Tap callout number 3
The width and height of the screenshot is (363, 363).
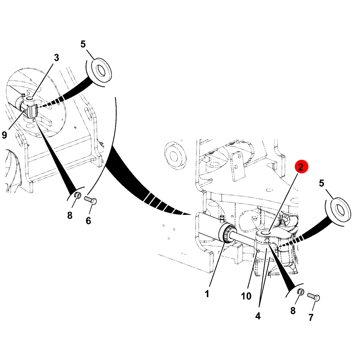tap(56, 58)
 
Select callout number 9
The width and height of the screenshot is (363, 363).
tap(5, 135)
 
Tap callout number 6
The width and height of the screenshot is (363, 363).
tap(88, 221)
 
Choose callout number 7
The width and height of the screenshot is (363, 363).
tap(311, 317)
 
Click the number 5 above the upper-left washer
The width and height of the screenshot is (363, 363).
tap(83, 44)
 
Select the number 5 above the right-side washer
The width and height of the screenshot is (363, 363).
tap(322, 183)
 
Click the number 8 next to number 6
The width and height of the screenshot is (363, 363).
tap(70, 215)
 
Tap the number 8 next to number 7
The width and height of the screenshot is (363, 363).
tap(293, 311)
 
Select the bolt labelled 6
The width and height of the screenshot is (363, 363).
tap(90, 200)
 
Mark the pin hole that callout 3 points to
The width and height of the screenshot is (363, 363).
tap(30, 99)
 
